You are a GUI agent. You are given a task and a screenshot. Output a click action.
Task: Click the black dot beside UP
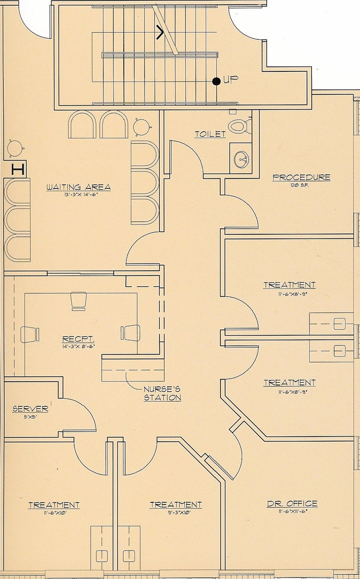216,81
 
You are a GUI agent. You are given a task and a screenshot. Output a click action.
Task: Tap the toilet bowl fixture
238,127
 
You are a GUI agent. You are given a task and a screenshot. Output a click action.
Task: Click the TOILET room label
210,134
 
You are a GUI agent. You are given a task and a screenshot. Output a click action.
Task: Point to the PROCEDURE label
302,177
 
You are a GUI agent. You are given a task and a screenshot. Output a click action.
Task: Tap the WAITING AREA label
78,187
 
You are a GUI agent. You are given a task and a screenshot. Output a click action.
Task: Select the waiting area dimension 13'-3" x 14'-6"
78,195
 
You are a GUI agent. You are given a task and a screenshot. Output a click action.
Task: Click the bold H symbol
18,170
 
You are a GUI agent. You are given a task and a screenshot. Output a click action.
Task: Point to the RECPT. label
79,339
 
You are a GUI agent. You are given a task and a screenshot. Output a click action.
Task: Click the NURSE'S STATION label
162,394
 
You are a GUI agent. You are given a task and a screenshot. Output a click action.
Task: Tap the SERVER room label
30,409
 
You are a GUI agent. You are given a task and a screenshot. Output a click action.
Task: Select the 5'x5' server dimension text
30,417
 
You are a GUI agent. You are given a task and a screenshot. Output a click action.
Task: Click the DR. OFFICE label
292,503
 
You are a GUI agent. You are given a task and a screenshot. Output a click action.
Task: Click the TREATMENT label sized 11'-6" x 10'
54,504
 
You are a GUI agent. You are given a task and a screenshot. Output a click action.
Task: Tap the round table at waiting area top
142,127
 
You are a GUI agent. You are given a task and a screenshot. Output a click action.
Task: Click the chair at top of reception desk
79,301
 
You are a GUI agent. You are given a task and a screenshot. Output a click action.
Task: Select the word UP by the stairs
230,79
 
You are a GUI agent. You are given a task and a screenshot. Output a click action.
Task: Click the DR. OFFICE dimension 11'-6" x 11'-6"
292,512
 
